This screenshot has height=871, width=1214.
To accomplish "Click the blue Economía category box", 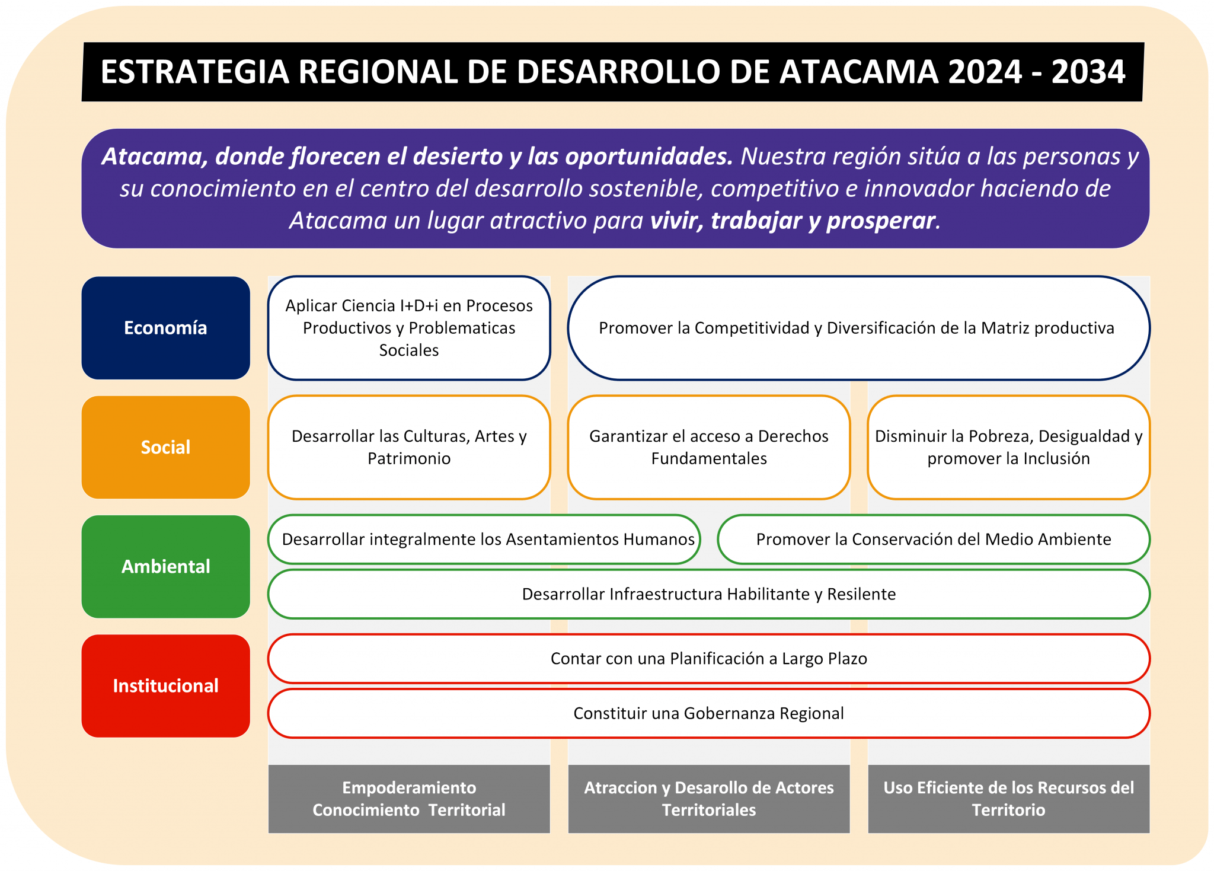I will [165, 328].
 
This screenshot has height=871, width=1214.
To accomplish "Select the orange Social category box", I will [165, 447].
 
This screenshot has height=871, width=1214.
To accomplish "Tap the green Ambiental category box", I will [165, 566].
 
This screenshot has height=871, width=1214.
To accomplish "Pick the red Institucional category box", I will [165, 686].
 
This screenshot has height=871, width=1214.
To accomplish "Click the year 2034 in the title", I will [1088, 72].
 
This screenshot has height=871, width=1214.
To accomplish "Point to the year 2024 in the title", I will [985, 72].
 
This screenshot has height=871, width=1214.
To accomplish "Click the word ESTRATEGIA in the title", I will [194, 72].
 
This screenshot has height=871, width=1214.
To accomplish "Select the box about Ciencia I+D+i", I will [409, 328].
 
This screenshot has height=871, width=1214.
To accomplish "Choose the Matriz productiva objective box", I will [858, 328].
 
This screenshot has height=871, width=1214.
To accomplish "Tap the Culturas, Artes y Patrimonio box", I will [409, 447].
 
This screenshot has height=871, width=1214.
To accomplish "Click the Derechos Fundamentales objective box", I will [708, 447].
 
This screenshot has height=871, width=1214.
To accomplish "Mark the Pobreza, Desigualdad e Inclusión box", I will [1008, 447].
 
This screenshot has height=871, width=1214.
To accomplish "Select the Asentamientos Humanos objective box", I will [484, 539].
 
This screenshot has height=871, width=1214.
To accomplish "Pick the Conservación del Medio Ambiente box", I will [933, 539].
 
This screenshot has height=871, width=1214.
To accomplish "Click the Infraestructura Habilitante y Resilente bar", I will [708, 594].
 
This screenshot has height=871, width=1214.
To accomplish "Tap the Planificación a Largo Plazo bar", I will [708, 658].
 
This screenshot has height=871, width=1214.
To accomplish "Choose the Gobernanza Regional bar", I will [708, 713].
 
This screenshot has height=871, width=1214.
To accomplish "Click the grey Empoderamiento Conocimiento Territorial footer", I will [409, 799].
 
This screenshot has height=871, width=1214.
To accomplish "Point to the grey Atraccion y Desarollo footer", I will [708, 799].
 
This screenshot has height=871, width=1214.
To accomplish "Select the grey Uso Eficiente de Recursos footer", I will [1008, 799].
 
